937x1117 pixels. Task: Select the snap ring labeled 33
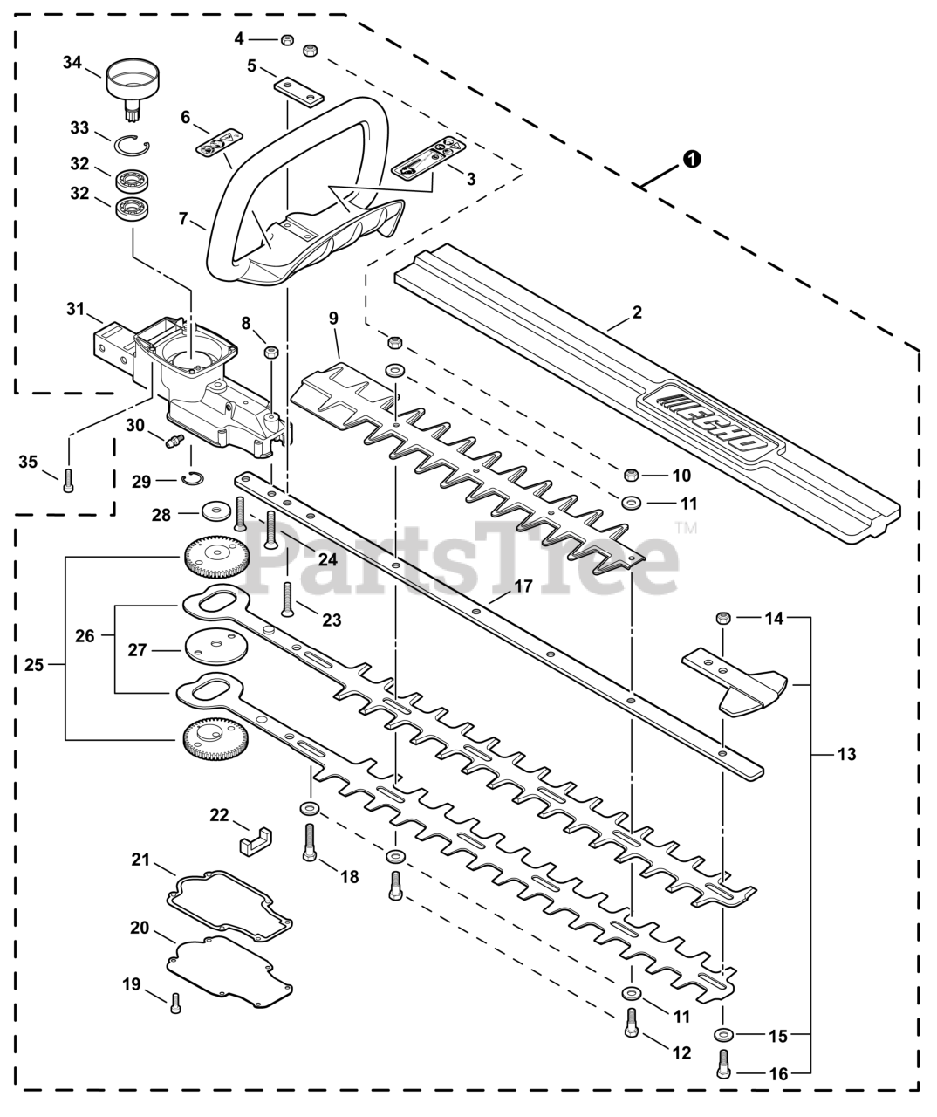tap(131, 146)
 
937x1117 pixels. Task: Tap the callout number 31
tap(75, 309)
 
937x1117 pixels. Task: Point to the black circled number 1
tap(693, 159)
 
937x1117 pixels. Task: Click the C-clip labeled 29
tap(192, 479)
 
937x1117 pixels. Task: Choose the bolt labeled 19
tap(175, 1003)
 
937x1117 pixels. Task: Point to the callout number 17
tap(523, 586)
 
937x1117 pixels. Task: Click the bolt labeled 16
tap(723, 1066)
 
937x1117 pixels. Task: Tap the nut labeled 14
tap(723, 619)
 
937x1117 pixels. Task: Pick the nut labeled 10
tap(632, 474)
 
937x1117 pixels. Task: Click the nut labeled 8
tap(271, 353)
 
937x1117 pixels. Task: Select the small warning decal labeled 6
tap(219, 141)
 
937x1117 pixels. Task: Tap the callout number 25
tap(34, 665)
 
